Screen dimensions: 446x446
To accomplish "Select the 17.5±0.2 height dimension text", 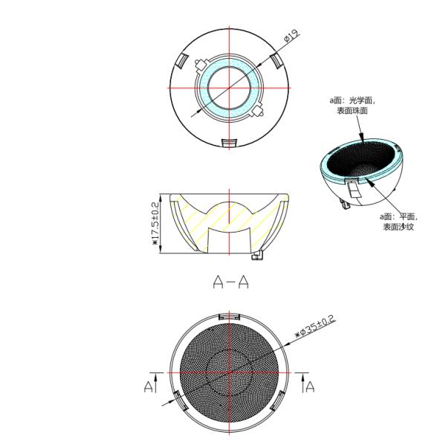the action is point(155,224).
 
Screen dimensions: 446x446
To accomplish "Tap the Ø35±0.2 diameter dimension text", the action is point(315,326).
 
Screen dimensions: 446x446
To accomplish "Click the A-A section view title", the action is point(230,282).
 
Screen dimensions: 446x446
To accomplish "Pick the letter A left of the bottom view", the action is point(148,387).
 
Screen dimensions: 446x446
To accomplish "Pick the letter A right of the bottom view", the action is point(310,387).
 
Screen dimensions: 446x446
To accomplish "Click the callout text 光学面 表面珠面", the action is point(352,106).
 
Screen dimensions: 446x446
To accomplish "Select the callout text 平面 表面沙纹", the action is point(398,222).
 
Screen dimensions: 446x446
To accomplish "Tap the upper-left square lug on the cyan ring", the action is point(201,64).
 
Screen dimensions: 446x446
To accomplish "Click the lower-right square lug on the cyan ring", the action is point(258,111).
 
